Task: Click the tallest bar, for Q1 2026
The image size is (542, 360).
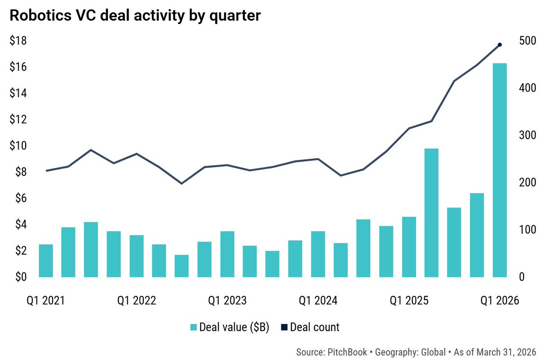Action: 500,170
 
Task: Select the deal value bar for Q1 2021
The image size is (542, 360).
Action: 46,261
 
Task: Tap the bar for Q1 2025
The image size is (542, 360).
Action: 409,247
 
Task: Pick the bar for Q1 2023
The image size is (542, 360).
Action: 228,254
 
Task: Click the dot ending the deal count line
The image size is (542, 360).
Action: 500,45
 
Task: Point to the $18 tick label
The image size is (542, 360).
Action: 18,40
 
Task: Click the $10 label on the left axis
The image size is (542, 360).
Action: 18,145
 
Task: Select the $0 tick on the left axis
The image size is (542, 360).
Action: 21,277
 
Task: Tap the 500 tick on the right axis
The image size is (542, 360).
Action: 528,40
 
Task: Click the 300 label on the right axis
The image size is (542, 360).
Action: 528,135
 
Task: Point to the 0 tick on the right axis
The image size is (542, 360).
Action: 522,277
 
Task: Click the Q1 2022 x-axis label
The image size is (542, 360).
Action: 137,300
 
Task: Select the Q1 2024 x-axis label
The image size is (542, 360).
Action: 318,300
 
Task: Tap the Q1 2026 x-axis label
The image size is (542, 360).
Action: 500,300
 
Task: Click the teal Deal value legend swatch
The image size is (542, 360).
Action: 194,327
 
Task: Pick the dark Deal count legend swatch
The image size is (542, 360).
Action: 284,327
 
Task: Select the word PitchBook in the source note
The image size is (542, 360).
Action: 347,352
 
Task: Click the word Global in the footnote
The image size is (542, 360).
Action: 433,352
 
